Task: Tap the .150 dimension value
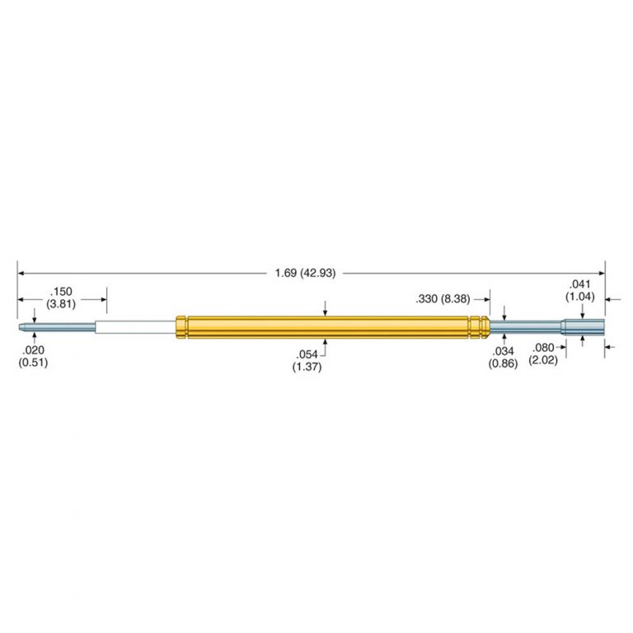coord(61,291)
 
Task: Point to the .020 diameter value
coord(32,349)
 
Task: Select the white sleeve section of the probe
coord(136,327)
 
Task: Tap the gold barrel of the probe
coord(330,327)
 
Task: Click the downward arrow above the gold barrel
coord(326,308)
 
